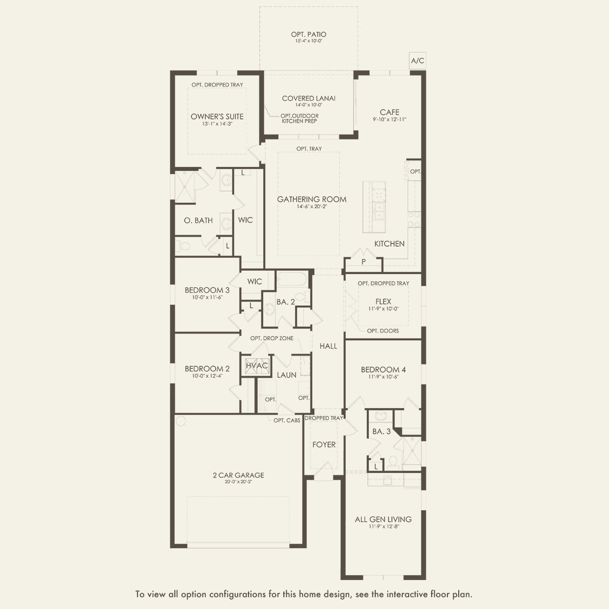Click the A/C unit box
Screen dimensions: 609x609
417,61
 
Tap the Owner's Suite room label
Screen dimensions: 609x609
217,116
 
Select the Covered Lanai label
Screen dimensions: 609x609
308,98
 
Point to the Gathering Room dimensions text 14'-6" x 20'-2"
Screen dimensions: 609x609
312,207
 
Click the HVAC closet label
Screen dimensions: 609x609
256,366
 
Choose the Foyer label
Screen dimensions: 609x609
324,444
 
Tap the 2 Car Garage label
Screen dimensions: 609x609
238,475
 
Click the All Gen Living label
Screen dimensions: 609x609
383,519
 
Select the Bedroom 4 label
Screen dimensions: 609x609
383,369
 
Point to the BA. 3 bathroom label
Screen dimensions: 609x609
381,431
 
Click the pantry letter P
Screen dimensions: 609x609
363,262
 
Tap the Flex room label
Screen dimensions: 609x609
383,302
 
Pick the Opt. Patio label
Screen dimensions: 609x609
308,34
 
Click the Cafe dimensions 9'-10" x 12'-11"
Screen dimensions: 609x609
389,119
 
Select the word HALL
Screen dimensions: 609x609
328,346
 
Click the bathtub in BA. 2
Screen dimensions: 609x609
292,280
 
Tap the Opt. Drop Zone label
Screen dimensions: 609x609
272,338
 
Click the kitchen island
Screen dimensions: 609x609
374,207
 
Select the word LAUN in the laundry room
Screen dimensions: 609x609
286,375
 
